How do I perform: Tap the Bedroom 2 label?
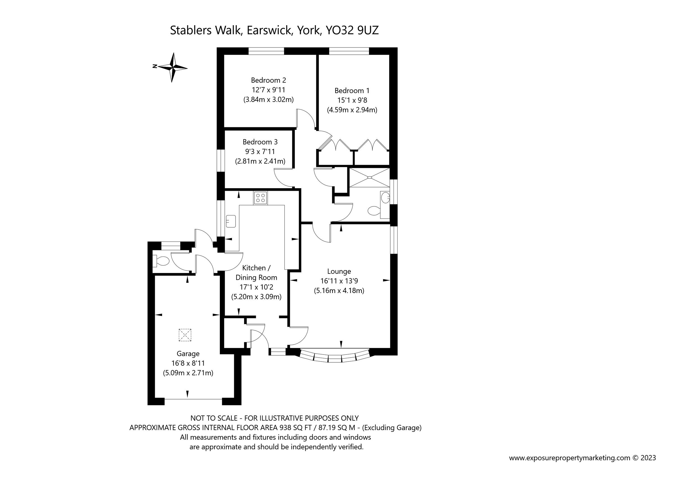[x=268, y=80]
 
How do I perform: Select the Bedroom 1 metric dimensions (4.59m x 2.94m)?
[x=352, y=110]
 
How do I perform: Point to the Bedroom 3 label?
[x=260, y=142]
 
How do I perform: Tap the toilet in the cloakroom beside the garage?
[x=161, y=261]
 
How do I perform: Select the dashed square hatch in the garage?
[x=185, y=335]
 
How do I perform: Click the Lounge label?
[x=339, y=271]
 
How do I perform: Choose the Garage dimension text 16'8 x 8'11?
[x=188, y=363]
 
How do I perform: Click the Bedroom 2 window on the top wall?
[x=266, y=52]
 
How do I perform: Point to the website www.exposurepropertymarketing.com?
[x=570, y=458]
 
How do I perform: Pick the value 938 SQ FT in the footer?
[x=297, y=428]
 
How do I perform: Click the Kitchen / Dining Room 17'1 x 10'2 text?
[x=256, y=287]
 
